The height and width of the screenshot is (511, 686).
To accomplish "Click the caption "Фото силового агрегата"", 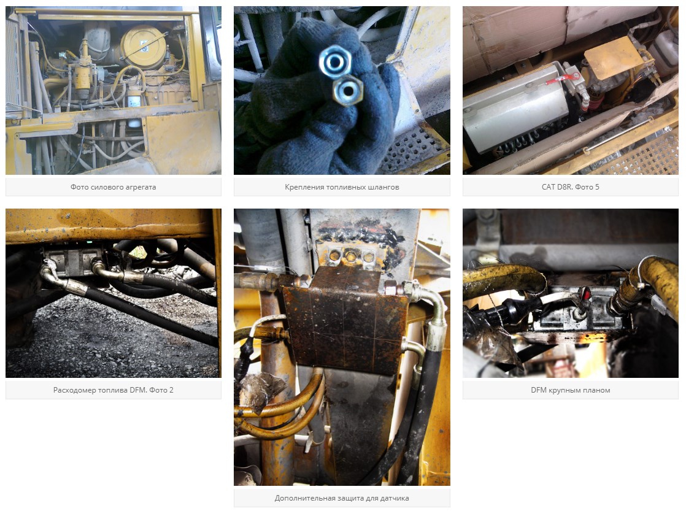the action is (114, 187).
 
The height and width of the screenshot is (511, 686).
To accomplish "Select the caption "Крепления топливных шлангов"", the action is (342, 187).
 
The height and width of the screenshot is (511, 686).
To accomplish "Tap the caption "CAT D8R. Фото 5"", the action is (571, 187).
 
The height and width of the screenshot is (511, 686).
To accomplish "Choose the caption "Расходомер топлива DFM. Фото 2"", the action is (114, 390).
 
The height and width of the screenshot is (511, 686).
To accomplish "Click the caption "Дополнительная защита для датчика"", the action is (342, 498).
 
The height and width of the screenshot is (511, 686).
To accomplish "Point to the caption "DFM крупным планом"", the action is (571, 390).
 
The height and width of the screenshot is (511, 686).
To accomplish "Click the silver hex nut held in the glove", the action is (334, 62).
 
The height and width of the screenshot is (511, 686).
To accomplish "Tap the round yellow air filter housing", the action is (143, 47).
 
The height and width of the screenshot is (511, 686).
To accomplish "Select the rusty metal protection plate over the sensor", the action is (345, 320).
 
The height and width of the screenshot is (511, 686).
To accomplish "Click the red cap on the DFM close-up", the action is (584, 293).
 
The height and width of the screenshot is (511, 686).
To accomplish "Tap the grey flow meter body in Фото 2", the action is (73, 261).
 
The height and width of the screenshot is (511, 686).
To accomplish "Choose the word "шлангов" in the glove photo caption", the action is (383, 187).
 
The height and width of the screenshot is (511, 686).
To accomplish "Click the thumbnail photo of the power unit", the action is (114, 90).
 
